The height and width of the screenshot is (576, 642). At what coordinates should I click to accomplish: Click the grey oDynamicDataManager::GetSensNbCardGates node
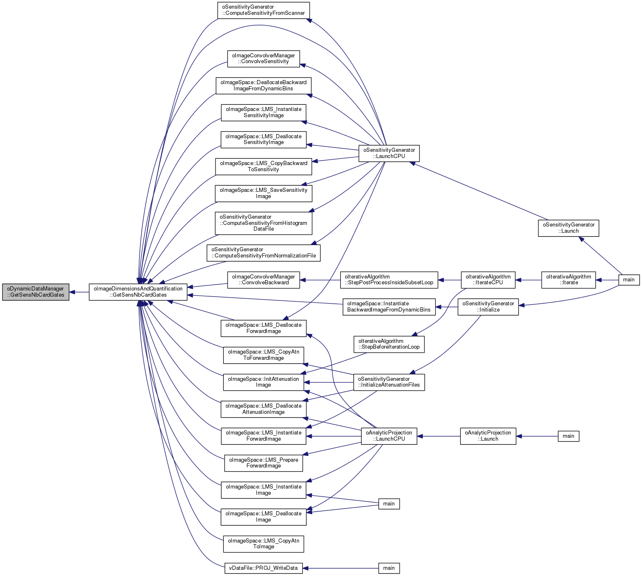pyautogui.click(x=36, y=292)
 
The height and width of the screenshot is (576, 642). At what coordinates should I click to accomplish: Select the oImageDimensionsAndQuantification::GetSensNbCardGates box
pyautogui.click(x=138, y=292)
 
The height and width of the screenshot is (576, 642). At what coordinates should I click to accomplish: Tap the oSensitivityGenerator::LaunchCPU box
pyautogui.click(x=389, y=153)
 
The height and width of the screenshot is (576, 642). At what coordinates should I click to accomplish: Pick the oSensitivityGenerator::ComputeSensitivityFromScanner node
pyautogui.click(x=263, y=10)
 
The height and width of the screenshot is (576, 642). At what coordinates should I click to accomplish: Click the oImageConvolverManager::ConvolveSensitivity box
pyautogui.click(x=263, y=59)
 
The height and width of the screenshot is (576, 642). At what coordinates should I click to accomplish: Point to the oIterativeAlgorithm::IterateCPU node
pyautogui.click(x=488, y=280)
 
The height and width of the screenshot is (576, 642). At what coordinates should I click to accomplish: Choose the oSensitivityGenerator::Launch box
pyautogui.click(x=569, y=228)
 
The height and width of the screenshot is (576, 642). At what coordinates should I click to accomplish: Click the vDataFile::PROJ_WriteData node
pyautogui.click(x=263, y=568)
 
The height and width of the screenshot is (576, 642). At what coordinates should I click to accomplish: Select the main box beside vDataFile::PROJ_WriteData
pyautogui.click(x=389, y=568)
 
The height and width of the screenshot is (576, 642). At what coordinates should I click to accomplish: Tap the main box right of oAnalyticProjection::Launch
pyautogui.click(x=568, y=436)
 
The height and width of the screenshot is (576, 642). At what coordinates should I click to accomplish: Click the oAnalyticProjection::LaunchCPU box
pyautogui.click(x=389, y=436)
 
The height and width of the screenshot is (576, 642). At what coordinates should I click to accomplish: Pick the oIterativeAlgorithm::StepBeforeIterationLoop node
pyautogui.click(x=389, y=344)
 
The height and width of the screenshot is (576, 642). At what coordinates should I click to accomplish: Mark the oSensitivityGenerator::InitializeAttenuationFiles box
pyautogui.click(x=389, y=382)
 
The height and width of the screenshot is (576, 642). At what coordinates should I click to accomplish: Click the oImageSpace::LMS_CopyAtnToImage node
pyautogui.click(x=263, y=544)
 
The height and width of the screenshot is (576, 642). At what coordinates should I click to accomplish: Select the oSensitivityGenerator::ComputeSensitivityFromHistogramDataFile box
pyautogui.click(x=263, y=223)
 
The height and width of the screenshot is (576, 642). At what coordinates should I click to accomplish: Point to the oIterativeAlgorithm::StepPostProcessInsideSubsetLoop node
pyautogui.click(x=389, y=280)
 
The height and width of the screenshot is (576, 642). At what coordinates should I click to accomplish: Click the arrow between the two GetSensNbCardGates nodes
pyautogui.click(x=79, y=292)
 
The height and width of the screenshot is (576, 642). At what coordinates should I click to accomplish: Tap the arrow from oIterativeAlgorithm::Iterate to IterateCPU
pyautogui.click(x=528, y=280)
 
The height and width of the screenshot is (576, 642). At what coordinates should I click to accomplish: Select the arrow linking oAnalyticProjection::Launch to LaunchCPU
pyautogui.click(x=438, y=436)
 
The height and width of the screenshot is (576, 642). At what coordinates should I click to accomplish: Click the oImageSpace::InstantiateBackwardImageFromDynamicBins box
pyautogui.click(x=389, y=307)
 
